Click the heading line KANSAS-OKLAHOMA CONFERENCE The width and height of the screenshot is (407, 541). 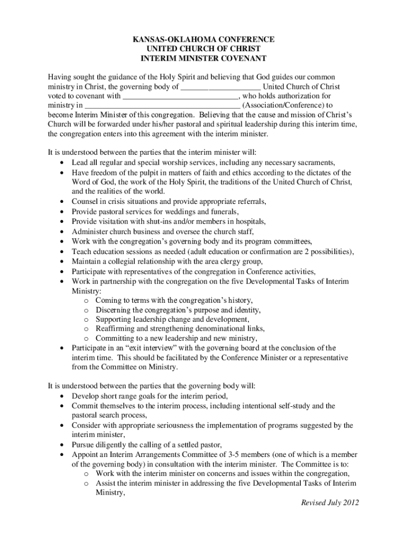click(x=203, y=40)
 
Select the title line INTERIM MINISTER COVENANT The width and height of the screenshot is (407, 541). click(x=203, y=59)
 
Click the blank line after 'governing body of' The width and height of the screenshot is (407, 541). click(x=220, y=87)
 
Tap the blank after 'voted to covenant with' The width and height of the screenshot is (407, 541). click(x=180, y=97)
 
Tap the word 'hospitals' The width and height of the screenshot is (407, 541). click(x=248, y=221)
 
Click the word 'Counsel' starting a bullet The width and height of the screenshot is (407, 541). click(x=85, y=202)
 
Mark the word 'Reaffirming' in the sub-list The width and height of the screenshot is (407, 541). click(x=115, y=329)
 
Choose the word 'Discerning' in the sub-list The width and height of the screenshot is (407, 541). click(x=114, y=310)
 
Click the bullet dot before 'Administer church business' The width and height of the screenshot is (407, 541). click(x=63, y=231)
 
